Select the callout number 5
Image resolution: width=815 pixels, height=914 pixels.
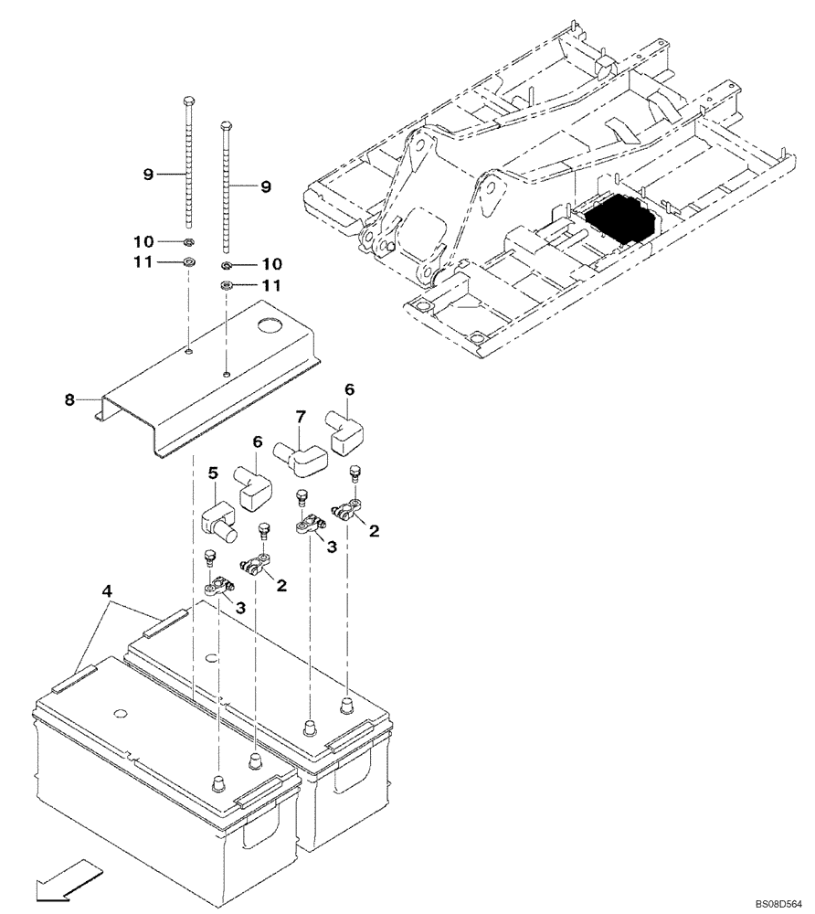[213, 473]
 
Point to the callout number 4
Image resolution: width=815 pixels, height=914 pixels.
[108, 592]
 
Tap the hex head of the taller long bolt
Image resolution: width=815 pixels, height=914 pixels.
[188, 101]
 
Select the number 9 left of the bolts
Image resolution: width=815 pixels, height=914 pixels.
[147, 174]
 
